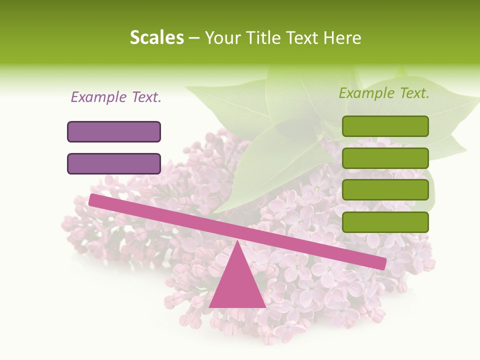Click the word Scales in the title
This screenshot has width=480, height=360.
point(156,37)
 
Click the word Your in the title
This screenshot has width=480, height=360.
point(223,37)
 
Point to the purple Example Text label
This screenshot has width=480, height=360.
point(116,97)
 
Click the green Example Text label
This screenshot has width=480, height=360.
point(384,93)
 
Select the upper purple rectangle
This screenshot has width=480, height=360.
point(114,131)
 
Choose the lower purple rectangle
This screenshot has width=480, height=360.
point(114,163)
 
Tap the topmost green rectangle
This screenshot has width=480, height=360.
point(385,126)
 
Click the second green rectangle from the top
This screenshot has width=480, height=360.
point(385,158)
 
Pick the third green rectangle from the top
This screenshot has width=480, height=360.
point(385,190)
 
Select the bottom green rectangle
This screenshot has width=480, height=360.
point(385,222)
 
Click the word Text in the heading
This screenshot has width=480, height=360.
point(302,37)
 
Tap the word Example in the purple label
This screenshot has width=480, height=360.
point(99,97)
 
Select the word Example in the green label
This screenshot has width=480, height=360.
point(367,93)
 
